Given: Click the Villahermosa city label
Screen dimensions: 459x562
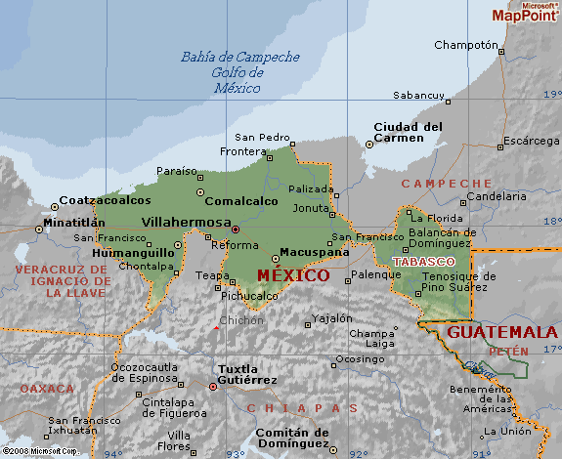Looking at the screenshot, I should point(186,222).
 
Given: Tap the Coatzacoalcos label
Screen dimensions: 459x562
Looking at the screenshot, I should point(105,200).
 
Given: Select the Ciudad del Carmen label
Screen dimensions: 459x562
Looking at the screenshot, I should point(408,132).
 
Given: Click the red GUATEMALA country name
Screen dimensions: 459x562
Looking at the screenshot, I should point(501,332).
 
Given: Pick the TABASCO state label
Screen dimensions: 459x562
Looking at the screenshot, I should point(422,263).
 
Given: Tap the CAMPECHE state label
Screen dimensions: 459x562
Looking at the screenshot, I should point(447,184).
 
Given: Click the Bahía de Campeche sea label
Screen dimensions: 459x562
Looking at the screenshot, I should point(239,57).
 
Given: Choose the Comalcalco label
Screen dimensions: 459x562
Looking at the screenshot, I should point(240,201).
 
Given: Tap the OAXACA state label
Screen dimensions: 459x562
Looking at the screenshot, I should point(46,389).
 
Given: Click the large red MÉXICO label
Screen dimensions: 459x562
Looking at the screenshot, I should point(292,275).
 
